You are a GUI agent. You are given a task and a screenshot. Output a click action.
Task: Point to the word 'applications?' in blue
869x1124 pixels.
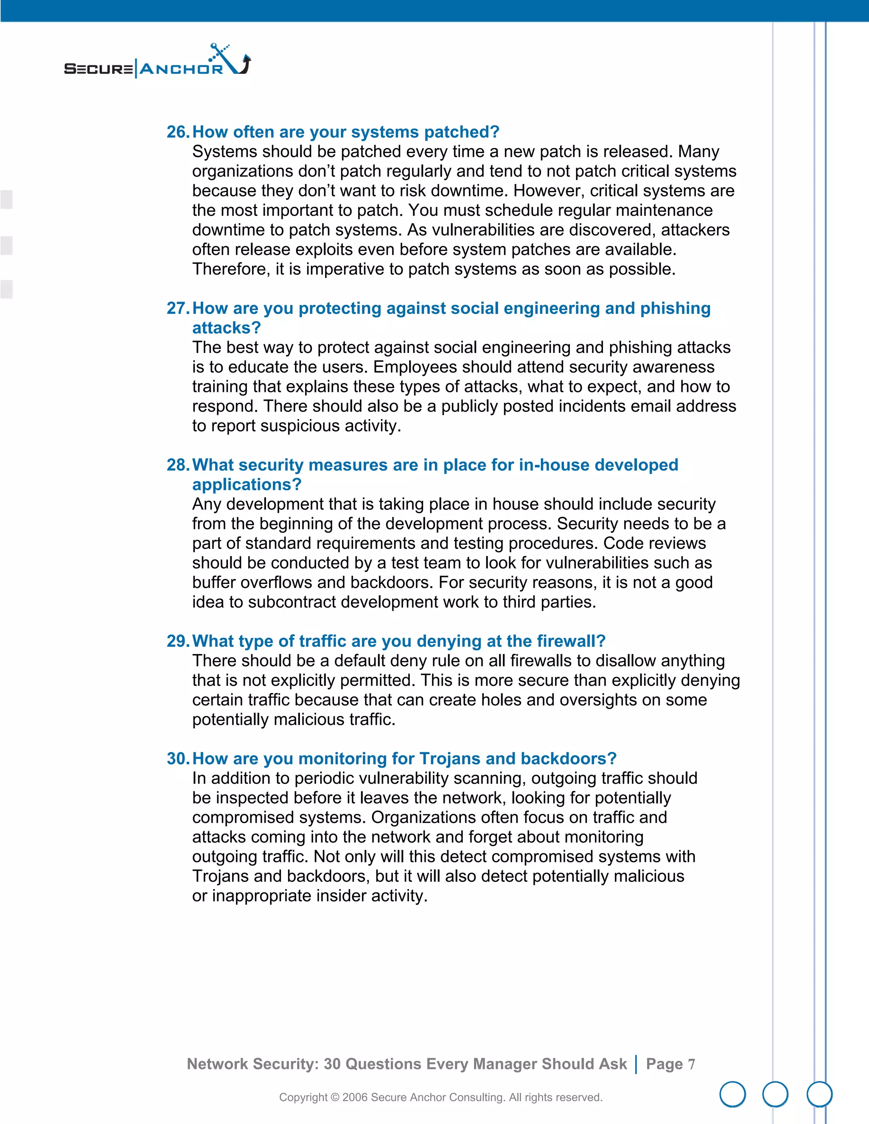point(247,485)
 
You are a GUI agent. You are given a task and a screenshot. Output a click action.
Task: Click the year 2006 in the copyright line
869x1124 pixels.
point(354,1097)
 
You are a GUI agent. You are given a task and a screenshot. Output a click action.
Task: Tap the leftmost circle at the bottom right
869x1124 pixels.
point(732,1094)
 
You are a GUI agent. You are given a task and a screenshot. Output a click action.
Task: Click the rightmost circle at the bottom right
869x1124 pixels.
point(819,1094)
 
